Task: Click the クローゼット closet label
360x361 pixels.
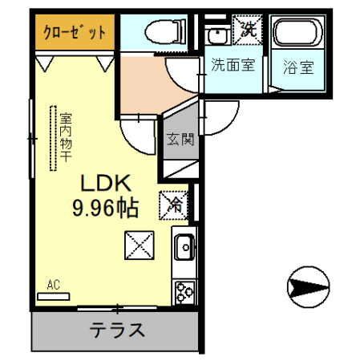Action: (x=75, y=33)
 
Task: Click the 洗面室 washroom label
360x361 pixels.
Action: (x=233, y=66)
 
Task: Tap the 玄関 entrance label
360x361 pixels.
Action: (x=180, y=140)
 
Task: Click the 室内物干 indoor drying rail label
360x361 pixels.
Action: (x=67, y=137)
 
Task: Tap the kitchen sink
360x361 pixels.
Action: (x=184, y=246)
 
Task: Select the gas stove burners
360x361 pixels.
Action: (x=184, y=291)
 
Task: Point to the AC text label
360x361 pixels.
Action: (x=54, y=284)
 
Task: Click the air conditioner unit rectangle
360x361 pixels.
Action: (x=54, y=296)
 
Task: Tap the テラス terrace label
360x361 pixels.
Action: (x=117, y=330)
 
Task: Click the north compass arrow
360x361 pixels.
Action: (x=308, y=286)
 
